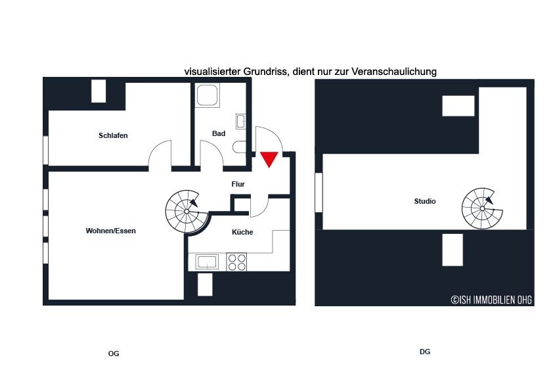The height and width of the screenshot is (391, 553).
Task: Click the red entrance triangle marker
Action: tap(269, 159)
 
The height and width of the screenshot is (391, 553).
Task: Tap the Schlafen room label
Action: tap(113, 135)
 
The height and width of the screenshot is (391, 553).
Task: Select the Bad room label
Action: tap(219, 133)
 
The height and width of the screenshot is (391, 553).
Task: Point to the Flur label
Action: tap(238, 184)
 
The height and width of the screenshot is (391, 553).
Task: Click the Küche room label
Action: tap(242, 232)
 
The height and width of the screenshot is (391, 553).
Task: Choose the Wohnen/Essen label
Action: tap(111, 231)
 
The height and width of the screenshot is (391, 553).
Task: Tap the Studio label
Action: tap(425, 201)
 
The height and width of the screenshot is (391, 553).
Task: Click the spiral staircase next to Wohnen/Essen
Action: tap(187, 212)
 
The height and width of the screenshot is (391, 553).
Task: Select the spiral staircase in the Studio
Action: tap(482, 208)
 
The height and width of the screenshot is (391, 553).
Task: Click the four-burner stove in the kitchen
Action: tap(236, 262)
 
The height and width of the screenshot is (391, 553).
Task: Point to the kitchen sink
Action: tap(207, 262)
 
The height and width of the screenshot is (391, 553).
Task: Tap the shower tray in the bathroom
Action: tap(207, 95)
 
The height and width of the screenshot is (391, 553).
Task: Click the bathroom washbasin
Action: tap(241, 122)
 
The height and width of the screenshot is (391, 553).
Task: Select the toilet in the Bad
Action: tap(240, 147)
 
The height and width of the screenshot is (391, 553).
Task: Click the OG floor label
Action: tap(114, 354)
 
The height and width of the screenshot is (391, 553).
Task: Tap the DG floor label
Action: tap(425, 352)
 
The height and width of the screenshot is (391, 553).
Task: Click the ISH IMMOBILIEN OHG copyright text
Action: tap(491, 300)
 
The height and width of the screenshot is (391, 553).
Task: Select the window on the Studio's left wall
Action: tap(319, 193)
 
